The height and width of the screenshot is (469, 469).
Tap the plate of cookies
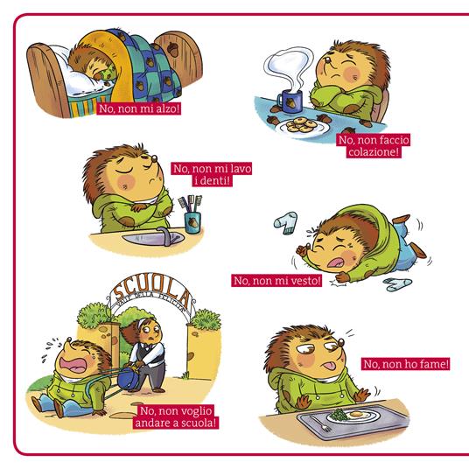302,127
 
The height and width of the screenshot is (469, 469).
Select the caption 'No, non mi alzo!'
139,108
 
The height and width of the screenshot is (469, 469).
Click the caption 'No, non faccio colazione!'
374,145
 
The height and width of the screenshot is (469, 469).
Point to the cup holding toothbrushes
192,222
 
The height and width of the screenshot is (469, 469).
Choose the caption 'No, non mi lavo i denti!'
212,174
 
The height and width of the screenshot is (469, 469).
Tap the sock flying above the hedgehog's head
286,222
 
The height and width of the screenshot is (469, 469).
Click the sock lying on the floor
398,284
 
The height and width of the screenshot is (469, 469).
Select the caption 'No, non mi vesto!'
276,281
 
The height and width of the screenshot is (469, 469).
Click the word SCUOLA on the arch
151,290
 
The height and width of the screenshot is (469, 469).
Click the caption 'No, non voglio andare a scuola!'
176,416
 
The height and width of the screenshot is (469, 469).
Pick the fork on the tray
320,423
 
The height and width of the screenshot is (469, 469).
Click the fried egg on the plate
356,414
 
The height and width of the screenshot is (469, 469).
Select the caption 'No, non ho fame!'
406,364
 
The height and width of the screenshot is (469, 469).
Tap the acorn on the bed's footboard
173,49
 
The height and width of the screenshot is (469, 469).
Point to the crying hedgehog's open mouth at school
73,365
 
